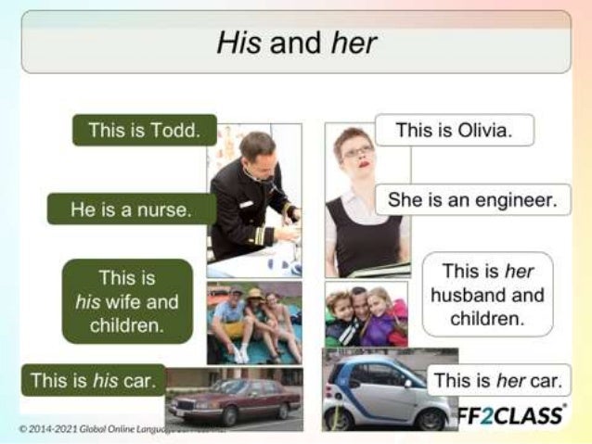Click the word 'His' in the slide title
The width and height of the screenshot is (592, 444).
[x=238, y=43]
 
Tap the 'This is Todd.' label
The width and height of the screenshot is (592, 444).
[x=144, y=130]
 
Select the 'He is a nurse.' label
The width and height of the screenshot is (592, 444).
[x=131, y=209]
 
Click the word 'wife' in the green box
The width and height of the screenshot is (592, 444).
[x=124, y=301]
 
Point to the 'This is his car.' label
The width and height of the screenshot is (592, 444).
[x=93, y=380]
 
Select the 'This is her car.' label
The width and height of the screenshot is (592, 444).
[x=499, y=380]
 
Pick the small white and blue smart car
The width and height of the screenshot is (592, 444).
[x=380, y=394]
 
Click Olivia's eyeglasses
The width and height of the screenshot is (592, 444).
[x=357, y=151]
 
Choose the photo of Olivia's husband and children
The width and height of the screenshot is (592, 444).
[x=366, y=315]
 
